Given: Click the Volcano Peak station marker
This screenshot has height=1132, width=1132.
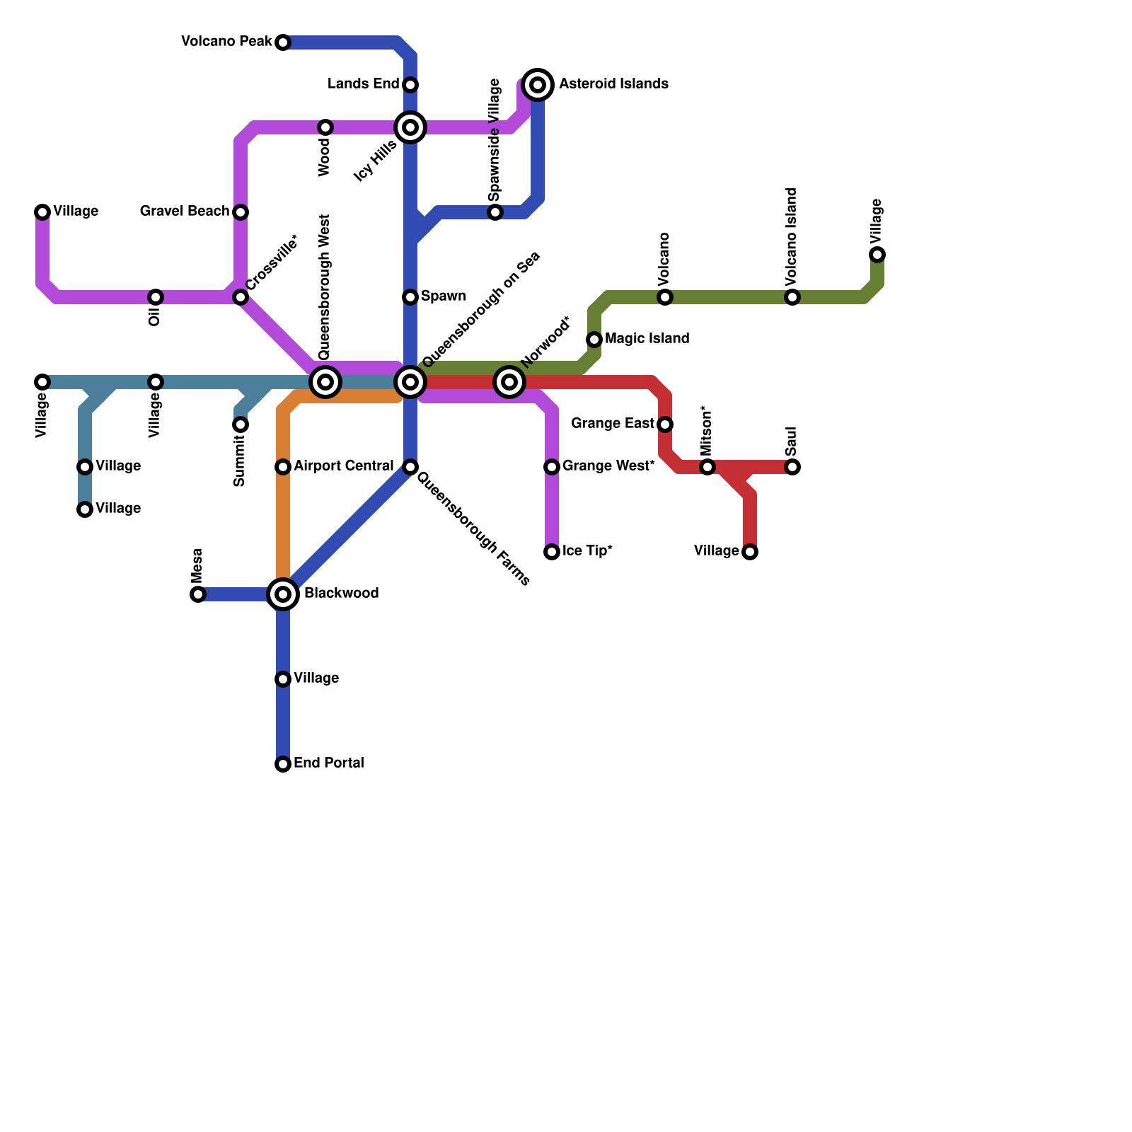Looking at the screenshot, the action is (283, 42).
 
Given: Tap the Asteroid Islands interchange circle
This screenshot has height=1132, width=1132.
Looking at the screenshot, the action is (538, 85).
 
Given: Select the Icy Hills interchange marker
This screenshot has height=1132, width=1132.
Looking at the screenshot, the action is (410, 127).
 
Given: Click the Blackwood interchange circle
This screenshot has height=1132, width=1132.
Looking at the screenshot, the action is (283, 594).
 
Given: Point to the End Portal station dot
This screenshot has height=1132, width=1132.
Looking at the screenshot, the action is (283, 764).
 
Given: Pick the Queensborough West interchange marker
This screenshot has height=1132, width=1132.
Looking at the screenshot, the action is (325, 382).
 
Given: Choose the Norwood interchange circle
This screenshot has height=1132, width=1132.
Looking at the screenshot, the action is (509, 382).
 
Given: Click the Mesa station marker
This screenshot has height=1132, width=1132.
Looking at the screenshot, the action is (198, 594).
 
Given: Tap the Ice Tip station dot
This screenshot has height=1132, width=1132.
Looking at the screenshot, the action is (552, 552).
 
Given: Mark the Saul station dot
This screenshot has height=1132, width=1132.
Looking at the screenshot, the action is (792, 467).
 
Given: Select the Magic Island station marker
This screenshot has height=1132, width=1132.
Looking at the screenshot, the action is (594, 340).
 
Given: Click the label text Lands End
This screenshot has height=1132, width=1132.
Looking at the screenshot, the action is (363, 84).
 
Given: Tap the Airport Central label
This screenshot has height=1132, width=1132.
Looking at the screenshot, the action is (343, 466).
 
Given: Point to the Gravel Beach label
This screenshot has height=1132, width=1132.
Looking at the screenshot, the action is (184, 212).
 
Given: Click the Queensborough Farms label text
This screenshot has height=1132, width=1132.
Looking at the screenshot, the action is (473, 529).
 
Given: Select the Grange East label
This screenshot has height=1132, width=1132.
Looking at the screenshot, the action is (612, 424).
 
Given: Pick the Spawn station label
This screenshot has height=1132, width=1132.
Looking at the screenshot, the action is (443, 296).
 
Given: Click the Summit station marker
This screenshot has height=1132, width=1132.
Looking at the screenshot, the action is (241, 424).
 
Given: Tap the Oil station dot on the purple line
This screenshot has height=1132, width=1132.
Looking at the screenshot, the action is (156, 297).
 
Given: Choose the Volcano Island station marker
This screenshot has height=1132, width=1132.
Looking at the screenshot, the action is (792, 297).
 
